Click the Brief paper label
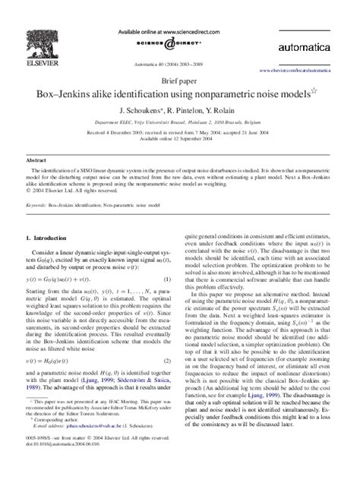(180, 79)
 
